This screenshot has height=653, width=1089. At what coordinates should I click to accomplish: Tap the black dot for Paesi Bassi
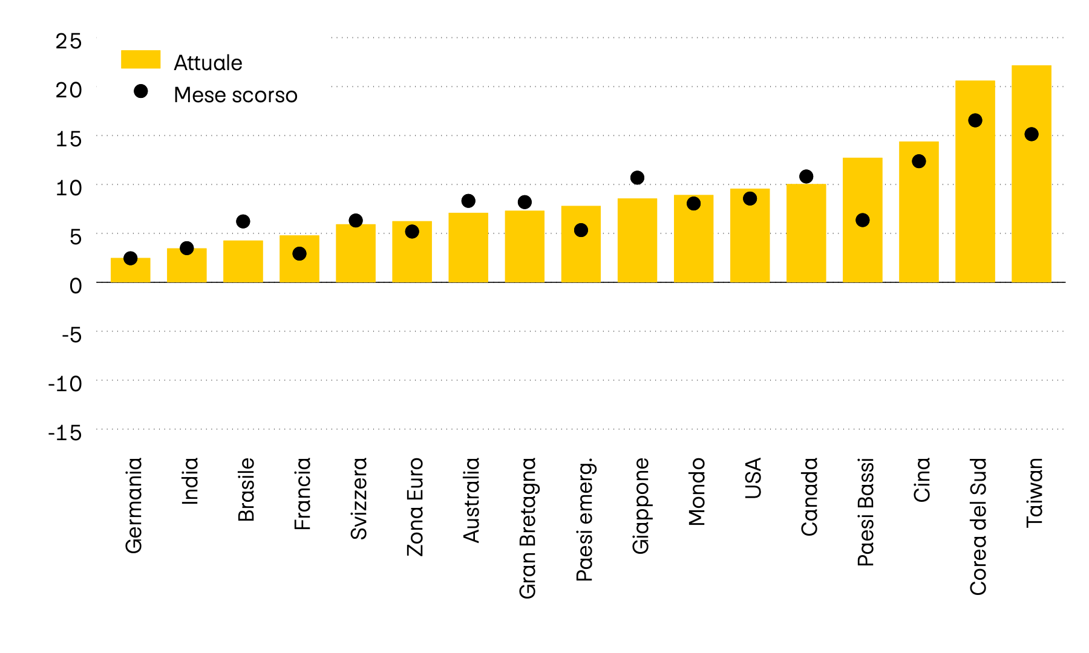point(863,220)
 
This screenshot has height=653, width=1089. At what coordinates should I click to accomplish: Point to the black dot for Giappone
point(637,178)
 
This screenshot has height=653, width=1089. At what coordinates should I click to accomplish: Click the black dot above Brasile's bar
point(243,221)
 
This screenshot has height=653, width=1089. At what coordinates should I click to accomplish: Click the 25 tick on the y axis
point(68,41)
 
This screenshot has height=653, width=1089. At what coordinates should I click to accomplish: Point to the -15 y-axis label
point(65,433)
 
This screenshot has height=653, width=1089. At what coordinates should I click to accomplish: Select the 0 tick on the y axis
point(75,285)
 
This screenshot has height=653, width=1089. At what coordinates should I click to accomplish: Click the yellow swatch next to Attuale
point(140,59)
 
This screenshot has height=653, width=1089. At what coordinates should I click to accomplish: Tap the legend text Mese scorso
point(235,95)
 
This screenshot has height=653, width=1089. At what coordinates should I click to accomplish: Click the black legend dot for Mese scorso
point(141,91)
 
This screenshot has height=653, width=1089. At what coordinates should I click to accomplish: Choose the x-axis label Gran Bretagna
point(528,528)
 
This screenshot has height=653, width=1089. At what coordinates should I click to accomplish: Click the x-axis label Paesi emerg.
point(584,519)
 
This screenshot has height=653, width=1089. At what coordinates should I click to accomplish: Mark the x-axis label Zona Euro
point(415,507)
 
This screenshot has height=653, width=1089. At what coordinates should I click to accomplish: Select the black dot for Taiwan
point(1032,134)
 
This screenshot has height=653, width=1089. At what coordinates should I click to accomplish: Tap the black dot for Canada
point(806,177)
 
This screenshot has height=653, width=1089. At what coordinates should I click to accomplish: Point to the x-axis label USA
point(753,478)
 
